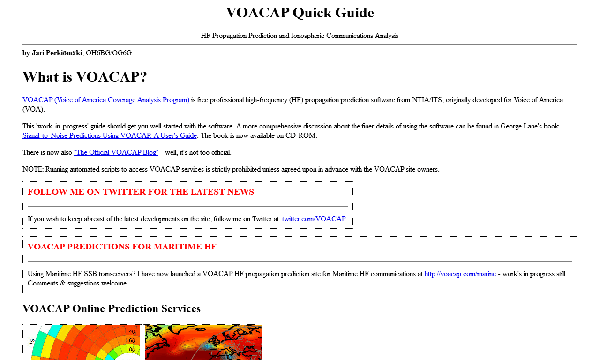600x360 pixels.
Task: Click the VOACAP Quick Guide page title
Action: (300, 13)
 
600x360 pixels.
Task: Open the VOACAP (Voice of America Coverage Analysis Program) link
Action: (106, 100)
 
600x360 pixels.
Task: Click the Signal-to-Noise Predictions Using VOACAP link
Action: (110, 135)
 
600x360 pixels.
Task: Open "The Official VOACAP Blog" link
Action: (116, 152)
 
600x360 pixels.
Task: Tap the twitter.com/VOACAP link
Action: (314, 219)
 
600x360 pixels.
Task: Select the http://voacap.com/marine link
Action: (460, 274)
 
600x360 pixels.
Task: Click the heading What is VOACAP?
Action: (85, 76)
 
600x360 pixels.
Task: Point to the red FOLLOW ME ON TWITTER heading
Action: (141, 192)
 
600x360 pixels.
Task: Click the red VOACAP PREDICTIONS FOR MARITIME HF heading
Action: (122, 247)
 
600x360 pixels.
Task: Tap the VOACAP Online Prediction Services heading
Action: (112, 308)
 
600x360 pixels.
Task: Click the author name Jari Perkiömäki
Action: (57, 53)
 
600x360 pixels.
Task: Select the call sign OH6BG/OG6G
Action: (109, 53)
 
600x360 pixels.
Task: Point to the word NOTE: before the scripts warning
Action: (33, 169)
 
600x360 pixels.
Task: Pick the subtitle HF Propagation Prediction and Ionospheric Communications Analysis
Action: (300, 36)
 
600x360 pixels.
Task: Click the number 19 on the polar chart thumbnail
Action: (32, 342)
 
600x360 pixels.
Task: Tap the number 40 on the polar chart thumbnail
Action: (132, 331)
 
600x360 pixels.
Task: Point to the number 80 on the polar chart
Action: (132, 350)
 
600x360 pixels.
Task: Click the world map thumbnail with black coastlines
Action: (203, 343)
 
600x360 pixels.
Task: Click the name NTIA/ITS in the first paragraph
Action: (427, 100)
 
